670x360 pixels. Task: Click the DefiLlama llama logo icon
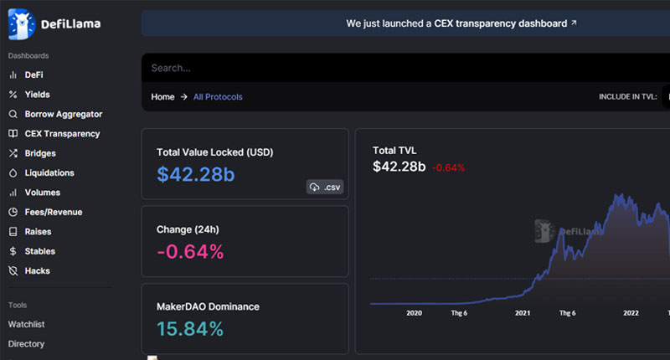click(22, 24)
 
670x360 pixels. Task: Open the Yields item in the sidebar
click(37, 95)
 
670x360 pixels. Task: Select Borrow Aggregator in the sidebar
click(64, 114)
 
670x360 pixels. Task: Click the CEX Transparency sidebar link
click(62, 134)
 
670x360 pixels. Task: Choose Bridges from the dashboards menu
click(40, 153)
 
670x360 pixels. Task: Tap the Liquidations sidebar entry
click(49, 173)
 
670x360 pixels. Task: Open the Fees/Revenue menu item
click(54, 213)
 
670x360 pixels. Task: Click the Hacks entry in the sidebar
click(37, 270)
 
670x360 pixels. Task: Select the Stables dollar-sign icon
click(13, 251)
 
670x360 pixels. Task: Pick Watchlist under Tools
click(26, 324)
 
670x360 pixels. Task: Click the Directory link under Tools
click(26, 344)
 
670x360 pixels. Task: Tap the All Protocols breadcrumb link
click(218, 97)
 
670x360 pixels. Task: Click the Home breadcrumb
click(162, 97)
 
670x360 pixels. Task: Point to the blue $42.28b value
click(196, 174)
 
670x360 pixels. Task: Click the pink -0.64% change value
click(190, 251)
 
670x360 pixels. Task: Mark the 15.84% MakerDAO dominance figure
click(190, 329)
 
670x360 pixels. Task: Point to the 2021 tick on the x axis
click(522, 313)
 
